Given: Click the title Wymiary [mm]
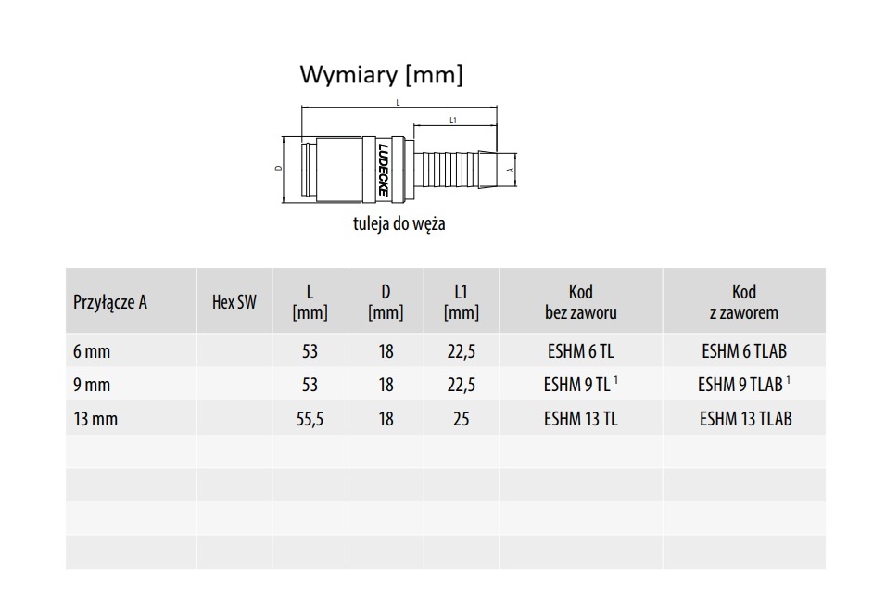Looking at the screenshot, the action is (382, 74).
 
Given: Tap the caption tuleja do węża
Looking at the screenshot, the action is (399, 223).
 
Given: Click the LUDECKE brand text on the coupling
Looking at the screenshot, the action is (383, 170).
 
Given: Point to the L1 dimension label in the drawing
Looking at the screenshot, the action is (453, 120).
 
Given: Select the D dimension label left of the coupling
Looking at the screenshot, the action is (279, 168).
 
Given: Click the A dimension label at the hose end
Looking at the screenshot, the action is (511, 170).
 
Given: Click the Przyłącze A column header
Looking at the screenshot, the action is (110, 301).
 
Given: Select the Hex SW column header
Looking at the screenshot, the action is (234, 301).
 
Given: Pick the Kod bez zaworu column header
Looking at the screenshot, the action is (581, 301).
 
